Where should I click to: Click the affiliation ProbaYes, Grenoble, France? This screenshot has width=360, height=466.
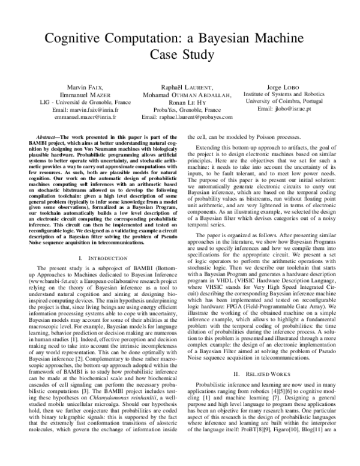click(179, 110)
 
